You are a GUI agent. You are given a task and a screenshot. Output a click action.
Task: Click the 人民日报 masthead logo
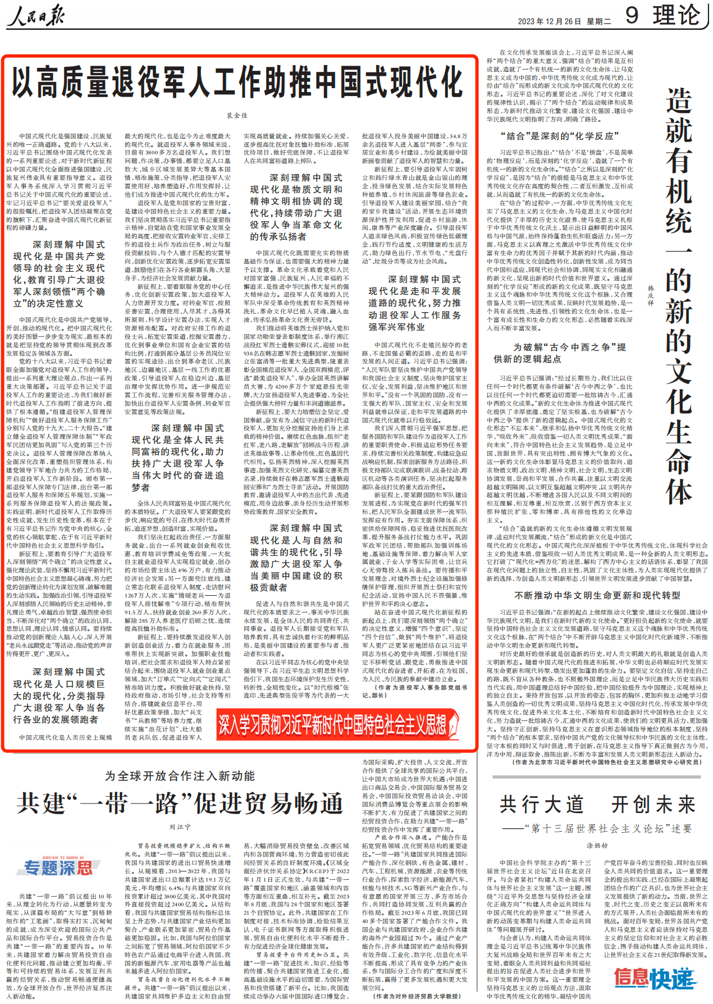coord(36,15)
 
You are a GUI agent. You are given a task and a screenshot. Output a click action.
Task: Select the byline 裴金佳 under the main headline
coord(237,115)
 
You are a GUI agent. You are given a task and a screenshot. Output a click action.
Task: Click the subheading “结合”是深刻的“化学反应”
coord(559,136)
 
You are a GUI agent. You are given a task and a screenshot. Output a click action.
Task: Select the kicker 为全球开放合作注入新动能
coord(180,776)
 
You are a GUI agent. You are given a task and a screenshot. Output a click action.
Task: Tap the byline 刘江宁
coord(180,827)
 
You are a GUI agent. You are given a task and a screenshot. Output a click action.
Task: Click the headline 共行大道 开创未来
coord(597,805)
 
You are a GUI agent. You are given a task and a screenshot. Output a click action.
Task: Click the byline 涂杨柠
coord(597,845)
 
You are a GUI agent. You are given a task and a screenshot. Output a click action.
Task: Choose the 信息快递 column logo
coord(655,978)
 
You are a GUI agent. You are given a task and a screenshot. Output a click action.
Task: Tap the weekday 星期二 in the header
coord(599,21)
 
